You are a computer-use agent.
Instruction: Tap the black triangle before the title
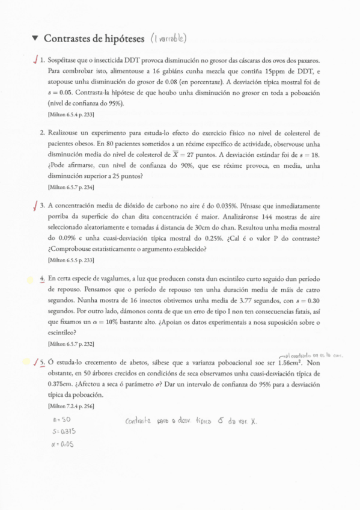35,38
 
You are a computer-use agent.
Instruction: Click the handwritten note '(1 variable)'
169,38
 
